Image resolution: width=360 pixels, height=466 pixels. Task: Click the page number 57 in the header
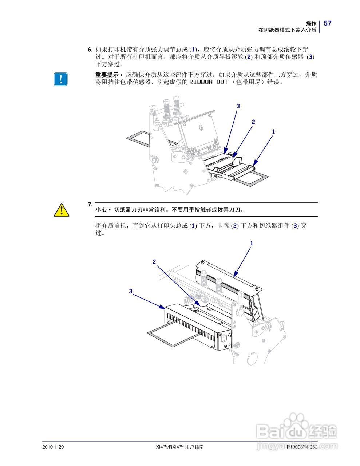(x=328, y=23)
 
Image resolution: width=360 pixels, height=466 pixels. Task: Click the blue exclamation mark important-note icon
(x=61, y=79)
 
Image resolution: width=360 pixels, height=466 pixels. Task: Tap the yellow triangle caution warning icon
(x=62, y=210)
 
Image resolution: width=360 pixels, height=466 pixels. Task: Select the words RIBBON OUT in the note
(x=209, y=82)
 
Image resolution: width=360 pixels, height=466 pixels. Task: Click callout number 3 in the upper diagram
(x=238, y=106)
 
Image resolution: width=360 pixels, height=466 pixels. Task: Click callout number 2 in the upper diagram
(x=253, y=122)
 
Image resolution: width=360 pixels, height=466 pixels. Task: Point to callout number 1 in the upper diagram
(x=273, y=131)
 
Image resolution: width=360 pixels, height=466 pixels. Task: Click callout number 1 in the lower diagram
(x=251, y=243)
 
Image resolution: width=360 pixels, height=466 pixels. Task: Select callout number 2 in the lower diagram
(x=154, y=262)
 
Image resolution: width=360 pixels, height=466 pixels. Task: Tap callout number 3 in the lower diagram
(x=131, y=291)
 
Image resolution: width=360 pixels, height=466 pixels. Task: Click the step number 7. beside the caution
(x=90, y=205)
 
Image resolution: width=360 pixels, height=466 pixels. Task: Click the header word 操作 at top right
(x=311, y=23)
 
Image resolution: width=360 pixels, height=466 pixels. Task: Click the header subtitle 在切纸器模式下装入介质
(x=287, y=30)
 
